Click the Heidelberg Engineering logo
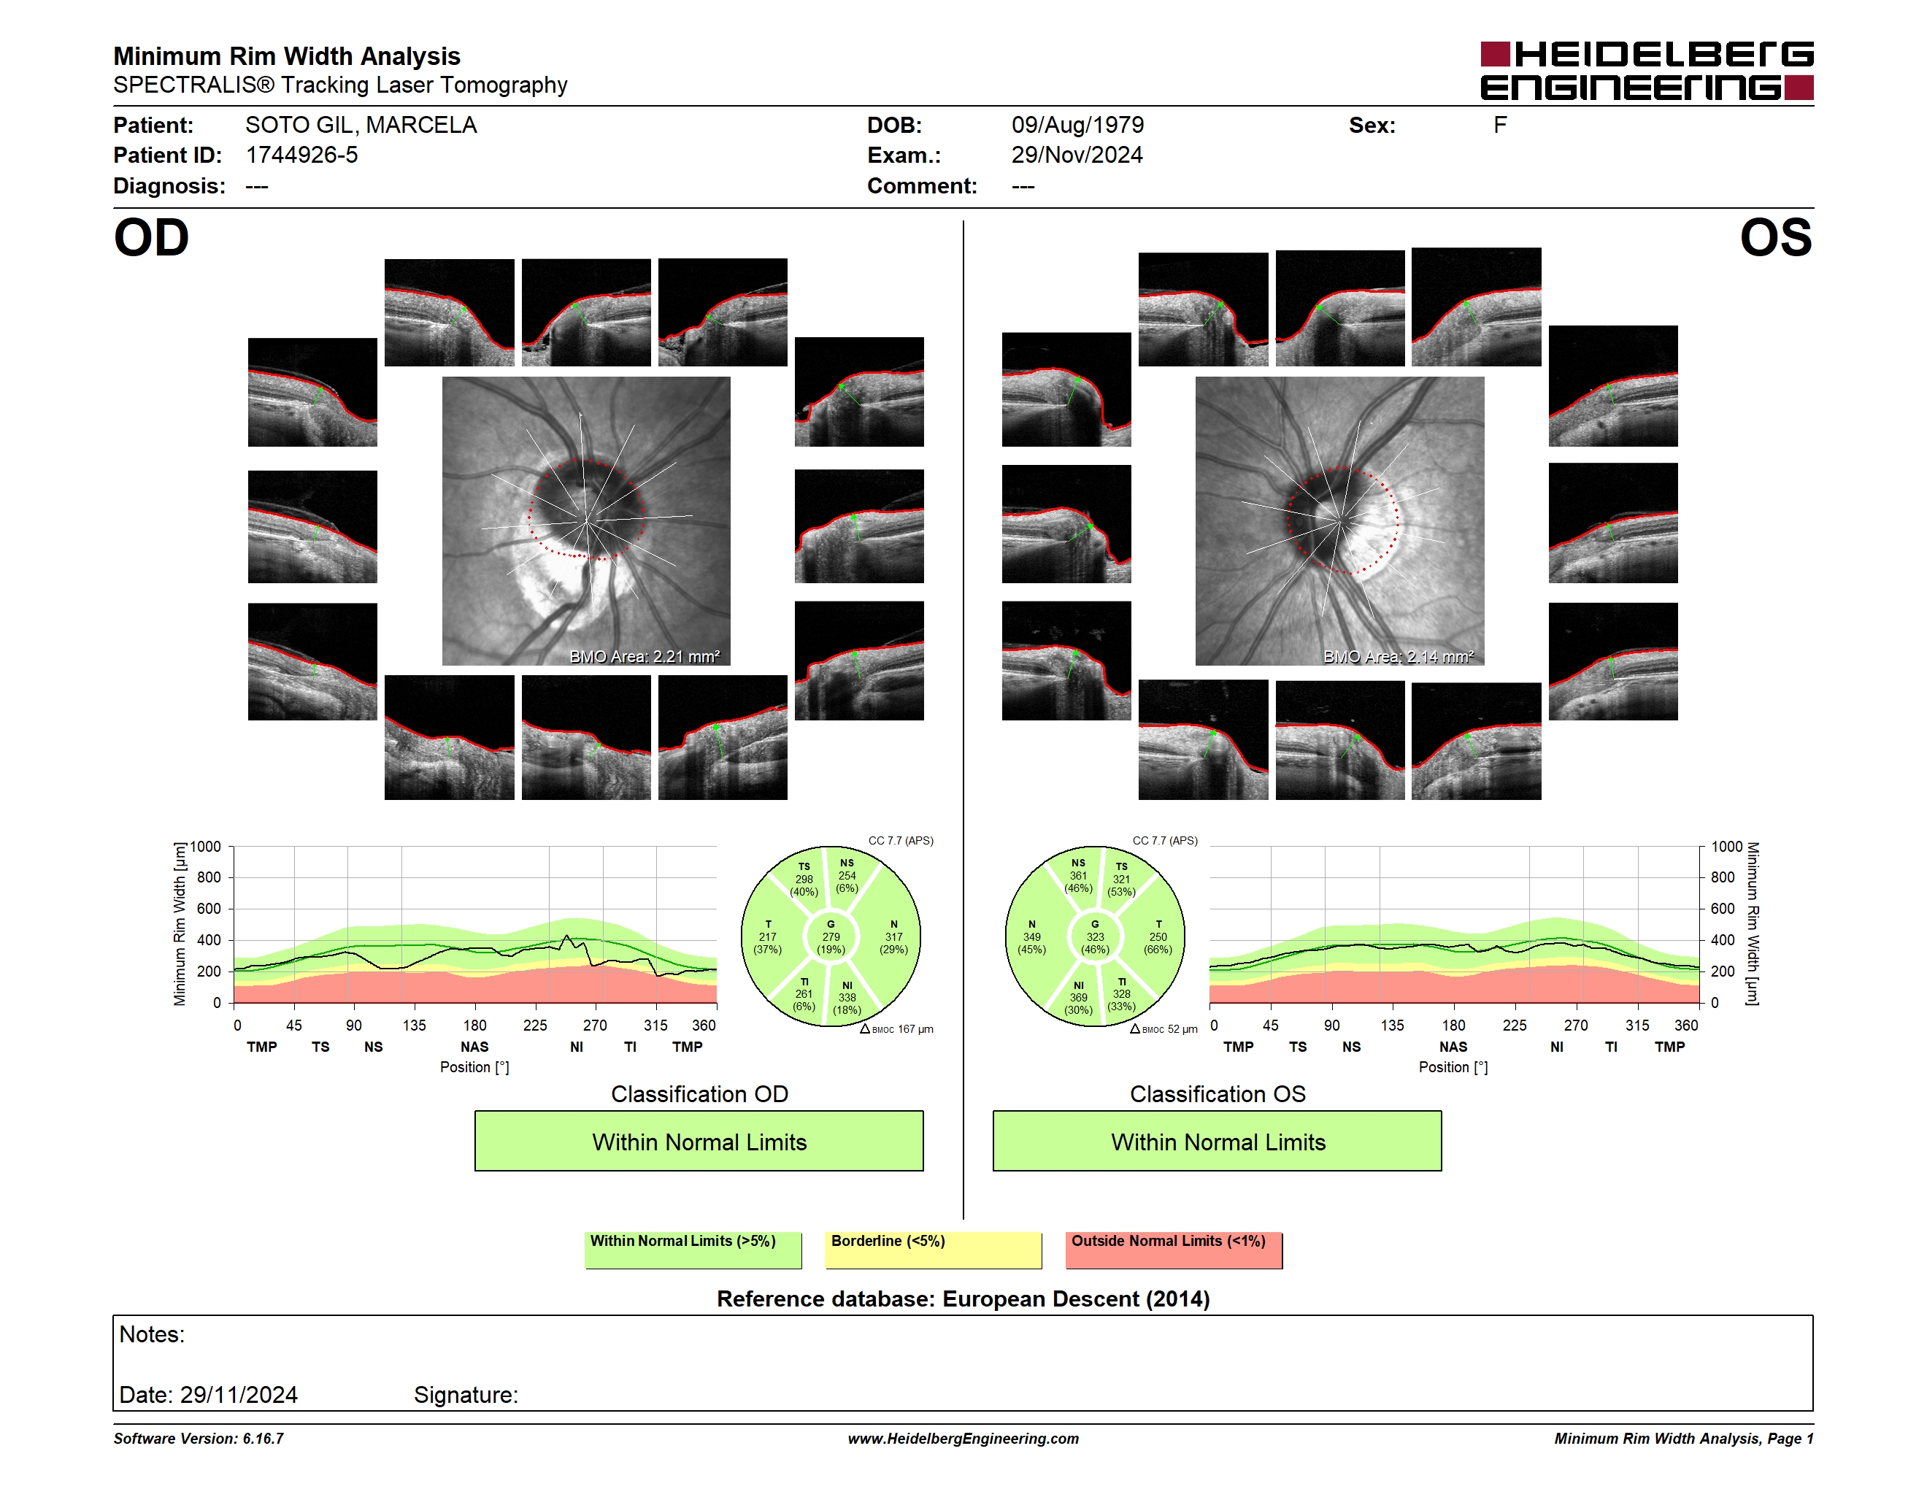click(x=1647, y=71)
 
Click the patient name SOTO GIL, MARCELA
click(x=361, y=126)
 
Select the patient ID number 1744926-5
click(x=301, y=155)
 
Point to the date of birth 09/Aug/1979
click(x=1077, y=126)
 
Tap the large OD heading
click(x=151, y=238)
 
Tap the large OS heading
click(x=1775, y=238)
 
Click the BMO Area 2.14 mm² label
click(x=1399, y=656)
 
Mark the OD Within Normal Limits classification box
click(x=699, y=1142)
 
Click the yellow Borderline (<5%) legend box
click(x=934, y=1250)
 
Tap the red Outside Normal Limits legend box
click(x=1174, y=1250)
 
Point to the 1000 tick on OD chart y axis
click(x=204, y=847)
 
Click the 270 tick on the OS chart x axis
click(x=1576, y=1025)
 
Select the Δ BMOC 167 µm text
click(x=896, y=1029)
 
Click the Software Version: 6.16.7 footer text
click(x=199, y=1439)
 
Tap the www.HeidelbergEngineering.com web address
click(x=964, y=1439)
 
